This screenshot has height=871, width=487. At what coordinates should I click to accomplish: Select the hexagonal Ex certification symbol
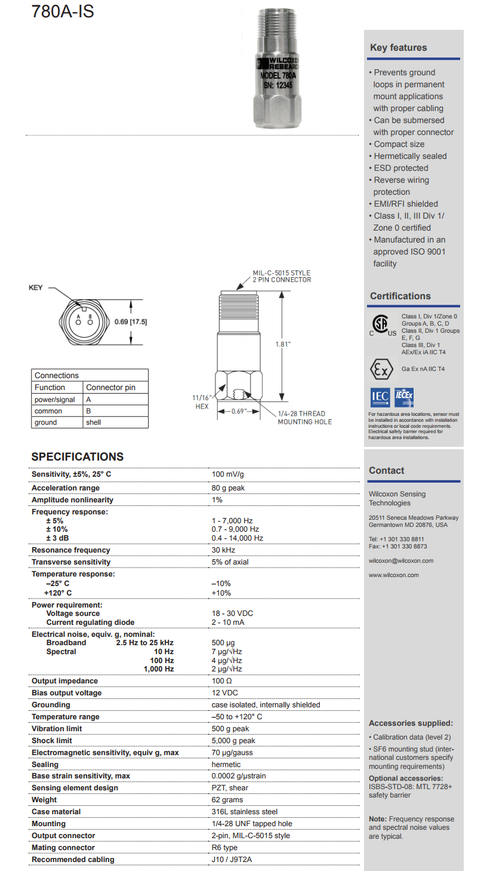381,369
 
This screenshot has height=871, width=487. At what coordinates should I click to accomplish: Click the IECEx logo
404,397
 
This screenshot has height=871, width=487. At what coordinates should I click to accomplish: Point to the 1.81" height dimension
283,345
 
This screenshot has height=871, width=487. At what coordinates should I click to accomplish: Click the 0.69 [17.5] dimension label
131,322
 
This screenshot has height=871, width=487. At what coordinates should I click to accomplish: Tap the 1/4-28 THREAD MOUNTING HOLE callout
304,418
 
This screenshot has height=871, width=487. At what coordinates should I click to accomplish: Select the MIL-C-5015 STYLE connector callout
281,276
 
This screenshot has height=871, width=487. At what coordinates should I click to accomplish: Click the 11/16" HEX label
202,401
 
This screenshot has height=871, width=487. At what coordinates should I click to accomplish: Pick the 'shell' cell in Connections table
94,422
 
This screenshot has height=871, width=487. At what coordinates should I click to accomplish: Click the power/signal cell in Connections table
55,400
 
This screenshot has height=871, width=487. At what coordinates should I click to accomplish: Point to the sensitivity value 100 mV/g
228,474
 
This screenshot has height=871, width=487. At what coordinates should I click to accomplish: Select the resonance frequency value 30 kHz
223,550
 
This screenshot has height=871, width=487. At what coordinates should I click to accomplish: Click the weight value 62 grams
227,800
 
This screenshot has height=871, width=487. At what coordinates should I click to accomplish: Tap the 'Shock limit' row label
52,741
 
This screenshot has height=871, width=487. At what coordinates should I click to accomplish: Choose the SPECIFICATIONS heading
78,456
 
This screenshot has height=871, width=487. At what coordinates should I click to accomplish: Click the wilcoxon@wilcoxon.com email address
401,561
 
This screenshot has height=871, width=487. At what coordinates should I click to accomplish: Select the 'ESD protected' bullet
400,168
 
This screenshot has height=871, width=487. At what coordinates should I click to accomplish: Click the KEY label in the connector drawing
36,288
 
